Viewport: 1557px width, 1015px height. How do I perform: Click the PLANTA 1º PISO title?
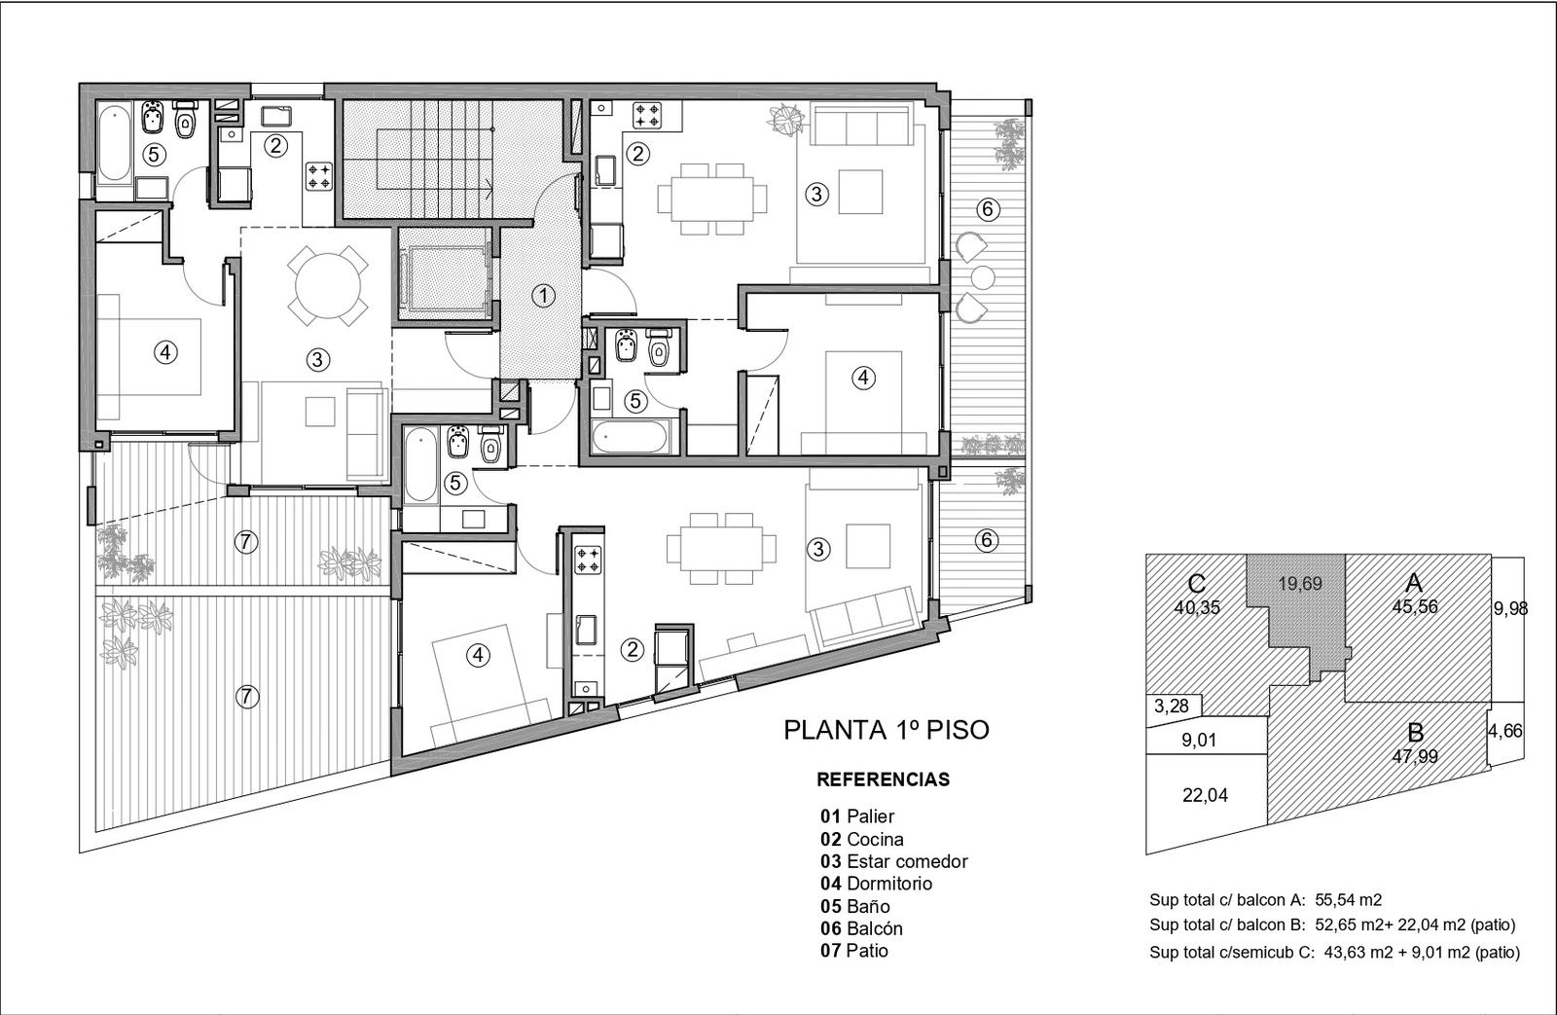coord(887,730)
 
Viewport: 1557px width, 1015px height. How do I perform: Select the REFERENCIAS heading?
coord(883,779)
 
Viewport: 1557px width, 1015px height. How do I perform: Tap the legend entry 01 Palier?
coord(857,816)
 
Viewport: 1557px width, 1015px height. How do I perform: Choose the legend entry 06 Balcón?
coord(861,928)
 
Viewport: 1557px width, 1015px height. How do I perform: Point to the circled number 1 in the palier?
coord(544,296)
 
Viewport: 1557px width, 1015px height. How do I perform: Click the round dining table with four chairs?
coord(328,285)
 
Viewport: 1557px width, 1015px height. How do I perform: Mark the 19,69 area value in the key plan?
coord(1300,583)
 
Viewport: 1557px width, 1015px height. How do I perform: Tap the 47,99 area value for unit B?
coord(1415,756)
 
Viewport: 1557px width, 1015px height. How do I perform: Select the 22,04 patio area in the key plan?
coord(1206,795)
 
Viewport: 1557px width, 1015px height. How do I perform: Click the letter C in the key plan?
coord(1196,586)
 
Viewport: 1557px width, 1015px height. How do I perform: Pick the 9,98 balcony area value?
coord(1510,608)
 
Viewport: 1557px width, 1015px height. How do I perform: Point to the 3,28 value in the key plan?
coord(1172,707)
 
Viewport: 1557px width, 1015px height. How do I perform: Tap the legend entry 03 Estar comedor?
coord(894,861)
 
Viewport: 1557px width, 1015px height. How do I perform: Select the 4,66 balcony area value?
coord(1504,732)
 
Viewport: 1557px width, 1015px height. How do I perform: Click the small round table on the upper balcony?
coord(983,277)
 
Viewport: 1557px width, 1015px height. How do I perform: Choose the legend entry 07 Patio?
coord(854,951)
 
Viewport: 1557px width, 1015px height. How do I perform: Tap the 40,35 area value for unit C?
coord(1197,607)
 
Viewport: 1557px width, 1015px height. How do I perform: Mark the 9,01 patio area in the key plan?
coord(1199,740)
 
